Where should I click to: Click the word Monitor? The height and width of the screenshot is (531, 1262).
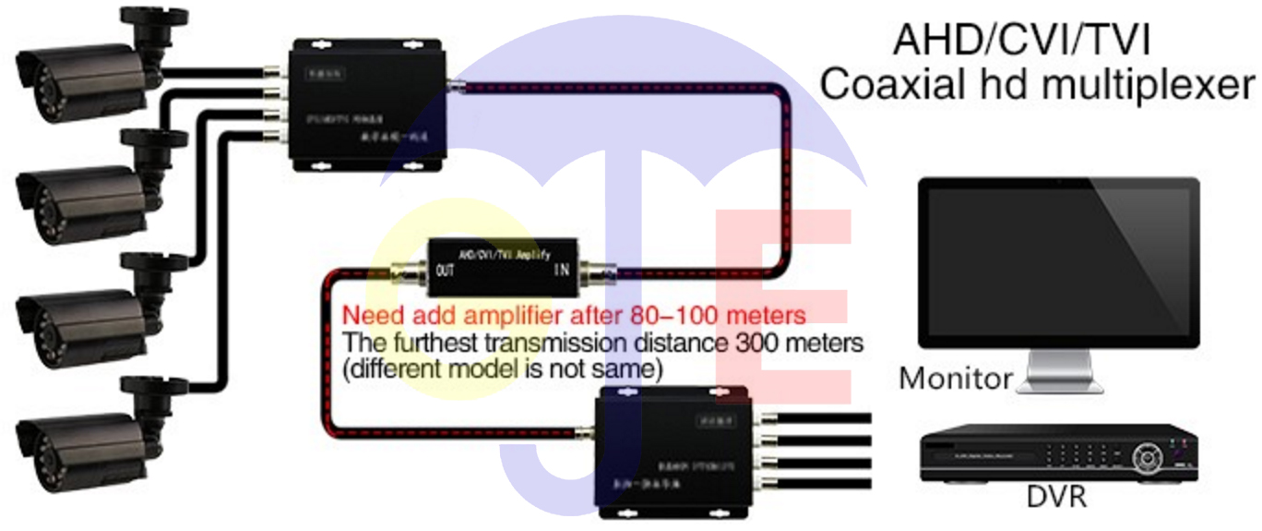(x=955, y=378)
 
